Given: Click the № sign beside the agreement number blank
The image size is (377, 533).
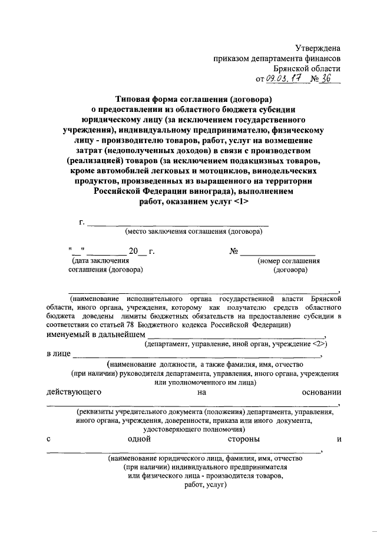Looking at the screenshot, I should coord(234,251).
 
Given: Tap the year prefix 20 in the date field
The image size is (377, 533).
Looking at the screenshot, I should coord(133,251).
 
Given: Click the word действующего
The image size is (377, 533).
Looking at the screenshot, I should coord(74,391).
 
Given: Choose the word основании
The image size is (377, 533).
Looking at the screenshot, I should coord(321,391).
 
